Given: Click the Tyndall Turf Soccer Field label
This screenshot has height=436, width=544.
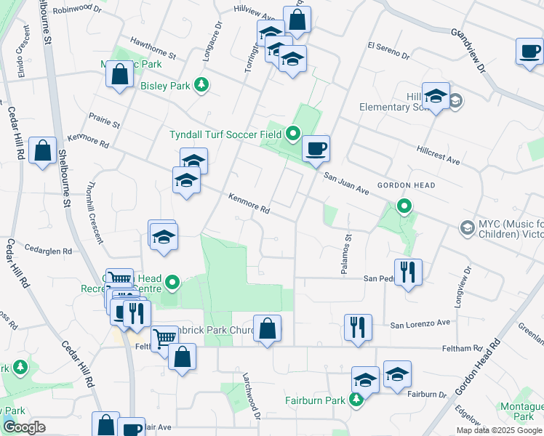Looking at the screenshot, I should click(225, 134).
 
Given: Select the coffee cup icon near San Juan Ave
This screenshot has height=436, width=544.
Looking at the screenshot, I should click(316, 149).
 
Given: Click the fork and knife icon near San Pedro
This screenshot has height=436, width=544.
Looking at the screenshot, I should click(409, 272).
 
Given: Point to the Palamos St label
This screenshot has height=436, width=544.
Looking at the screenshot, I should click(348, 247).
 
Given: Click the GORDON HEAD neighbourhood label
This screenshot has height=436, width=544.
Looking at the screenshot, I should click(406, 185).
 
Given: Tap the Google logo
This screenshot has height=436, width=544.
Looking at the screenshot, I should click(24, 427).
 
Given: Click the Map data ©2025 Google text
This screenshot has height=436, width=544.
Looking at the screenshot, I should click(499, 430).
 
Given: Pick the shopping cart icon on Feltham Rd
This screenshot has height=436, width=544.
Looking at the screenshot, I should click(165, 338).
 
